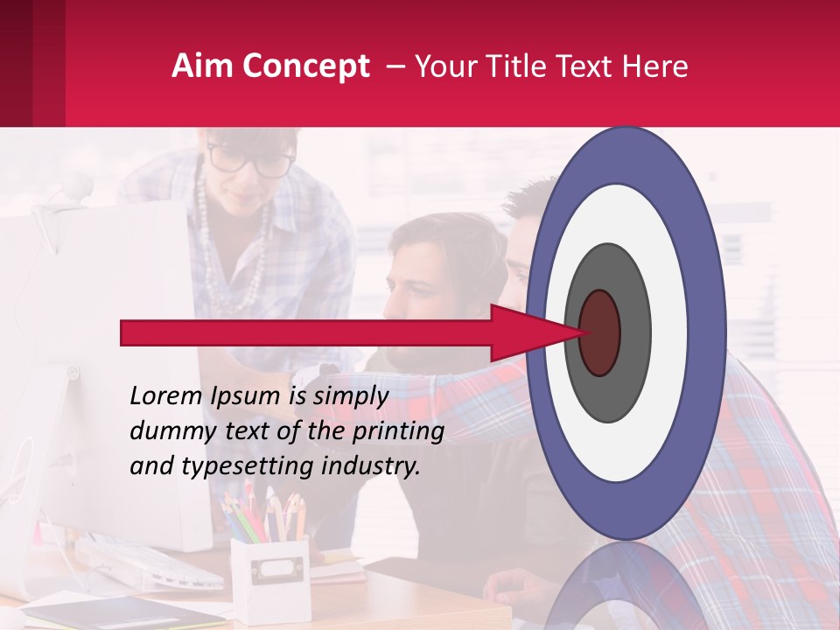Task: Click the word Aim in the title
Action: (x=202, y=66)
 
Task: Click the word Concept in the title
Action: (x=304, y=66)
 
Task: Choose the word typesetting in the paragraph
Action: (x=248, y=466)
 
